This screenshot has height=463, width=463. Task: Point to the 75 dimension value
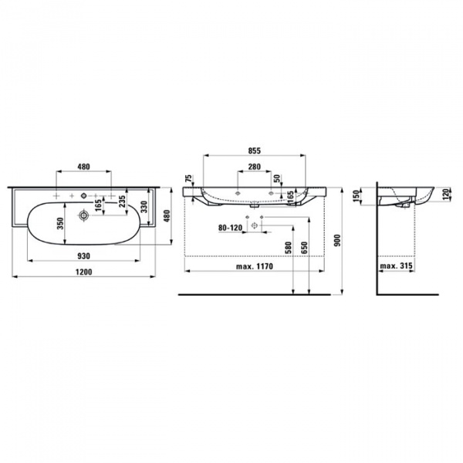[x=189, y=179]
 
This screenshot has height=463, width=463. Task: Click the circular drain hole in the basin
[x=83, y=218]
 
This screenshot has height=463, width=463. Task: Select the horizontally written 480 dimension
[x=85, y=167]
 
